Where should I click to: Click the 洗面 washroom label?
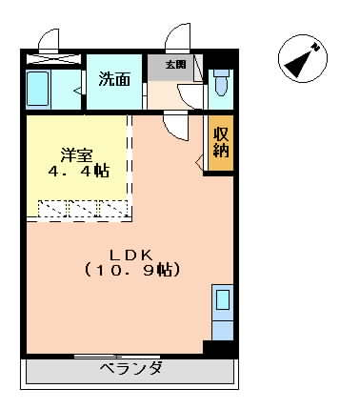(x=114, y=79)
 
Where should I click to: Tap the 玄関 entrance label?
(x=175, y=65)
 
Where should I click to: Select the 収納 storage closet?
(x=221, y=142)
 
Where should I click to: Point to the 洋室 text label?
(x=77, y=155)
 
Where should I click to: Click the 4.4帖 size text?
(x=79, y=172)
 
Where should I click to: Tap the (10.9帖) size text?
(x=132, y=270)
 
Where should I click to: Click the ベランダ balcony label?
(x=130, y=369)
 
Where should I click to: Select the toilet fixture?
(x=221, y=83)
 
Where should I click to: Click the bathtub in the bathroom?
(x=38, y=89)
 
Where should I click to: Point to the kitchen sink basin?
(x=223, y=299)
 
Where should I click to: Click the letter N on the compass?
(x=315, y=47)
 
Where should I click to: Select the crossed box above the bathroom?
(x=53, y=59)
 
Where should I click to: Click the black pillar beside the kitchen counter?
(x=219, y=348)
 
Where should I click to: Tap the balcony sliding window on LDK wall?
(x=117, y=357)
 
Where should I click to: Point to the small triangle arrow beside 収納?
(x=199, y=163)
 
